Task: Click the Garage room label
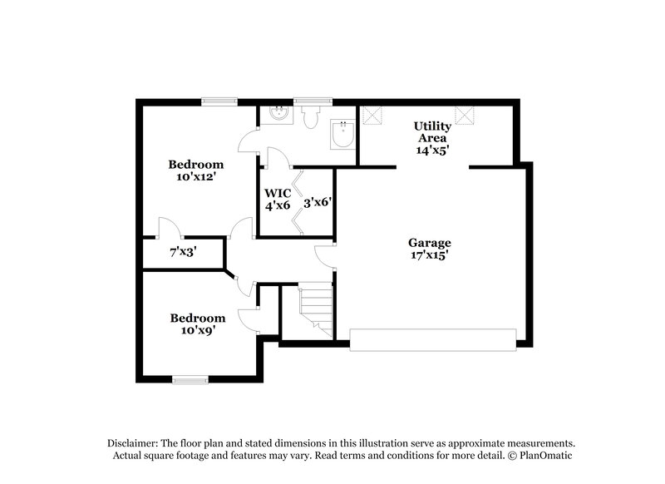(x=428, y=243)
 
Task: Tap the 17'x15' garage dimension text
(x=428, y=256)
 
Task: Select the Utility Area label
(x=433, y=132)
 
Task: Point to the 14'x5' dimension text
(x=433, y=150)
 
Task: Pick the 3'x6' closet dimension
(x=318, y=201)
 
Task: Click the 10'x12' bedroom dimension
(x=196, y=177)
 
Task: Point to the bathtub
(x=342, y=134)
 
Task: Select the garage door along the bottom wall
(x=432, y=337)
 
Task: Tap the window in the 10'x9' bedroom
(x=190, y=381)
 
